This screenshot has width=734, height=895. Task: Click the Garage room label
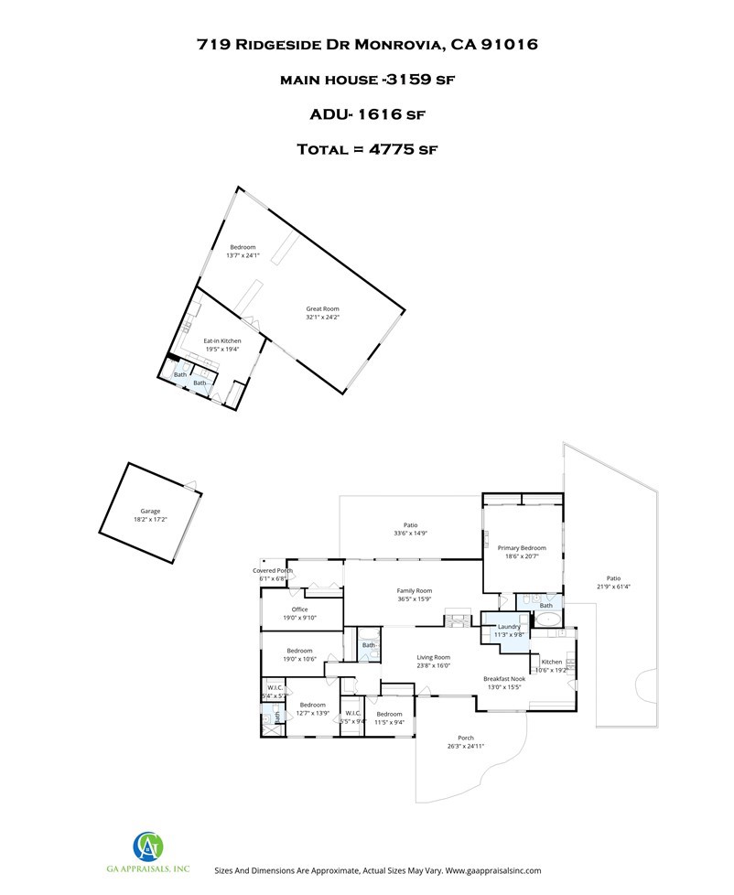tap(150, 511)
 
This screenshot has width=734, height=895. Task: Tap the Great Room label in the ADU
tap(322, 309)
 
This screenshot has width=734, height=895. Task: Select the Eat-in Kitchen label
tap(222, 340)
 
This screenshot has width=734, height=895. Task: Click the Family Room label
tap(414, 591)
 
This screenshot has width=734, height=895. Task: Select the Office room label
tap(299, 609)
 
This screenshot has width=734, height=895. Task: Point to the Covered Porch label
tap(273, 570)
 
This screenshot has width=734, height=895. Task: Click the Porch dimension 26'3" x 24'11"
tap(466, 747)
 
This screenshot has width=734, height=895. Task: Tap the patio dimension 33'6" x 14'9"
tap(410, 533)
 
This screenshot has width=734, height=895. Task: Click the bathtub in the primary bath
tap(548, 620)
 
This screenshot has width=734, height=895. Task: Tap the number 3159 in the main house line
tap(415, 80)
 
